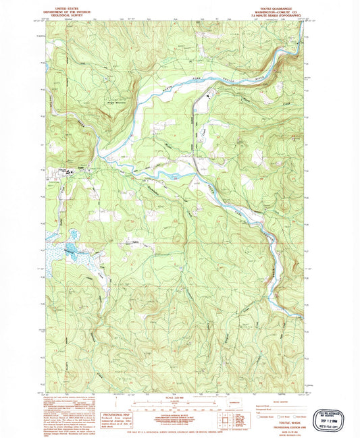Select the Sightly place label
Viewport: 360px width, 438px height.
pyautogui.click(x=134, y=240)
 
